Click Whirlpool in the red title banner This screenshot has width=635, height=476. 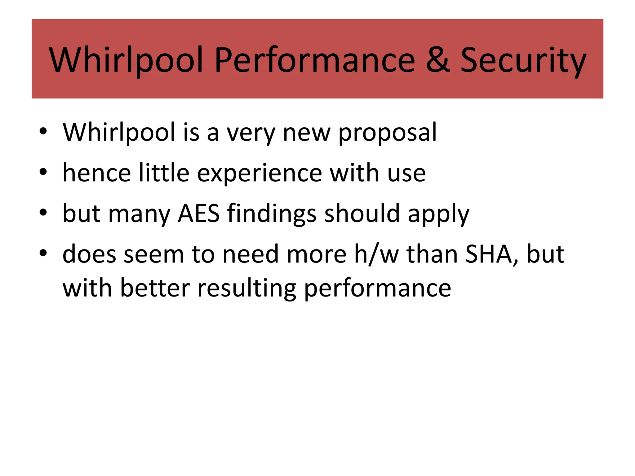[126, 60]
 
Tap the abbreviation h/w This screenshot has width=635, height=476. [376, 254]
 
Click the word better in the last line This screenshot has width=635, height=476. [155, 288]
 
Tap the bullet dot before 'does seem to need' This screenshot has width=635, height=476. [43, 253]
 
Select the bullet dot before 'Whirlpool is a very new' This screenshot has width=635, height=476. [43, 131]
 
